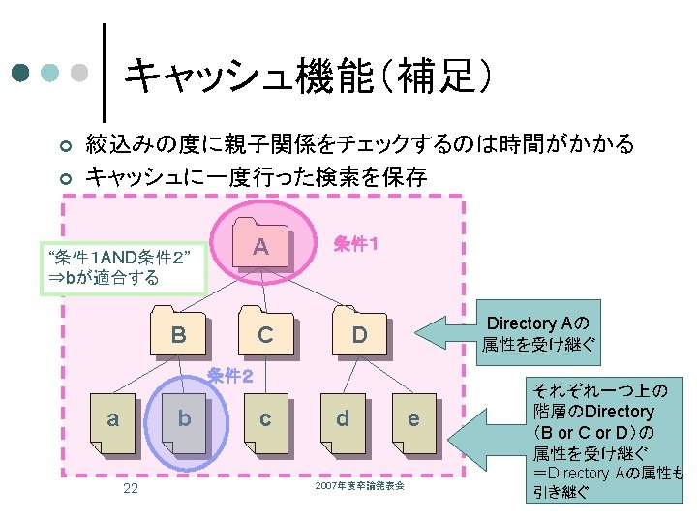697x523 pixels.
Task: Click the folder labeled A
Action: pyautogui.click(x=260, y=248)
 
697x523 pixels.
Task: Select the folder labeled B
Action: pyautogui.click(x=179, y=334)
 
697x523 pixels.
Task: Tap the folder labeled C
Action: pyautogui.click(x=264, y=334)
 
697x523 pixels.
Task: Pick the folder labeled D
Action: pyautogui.click(x=359, y=334)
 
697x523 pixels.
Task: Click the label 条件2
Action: pyautogui.click(x=230, y=376)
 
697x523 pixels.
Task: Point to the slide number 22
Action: pyautogui.click(x=131, y=488)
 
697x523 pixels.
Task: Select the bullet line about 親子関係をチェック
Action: pyautogui.click(x=359, y=145)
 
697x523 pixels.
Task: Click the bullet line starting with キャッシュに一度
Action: pyautogui.click(x=257, y=176)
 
